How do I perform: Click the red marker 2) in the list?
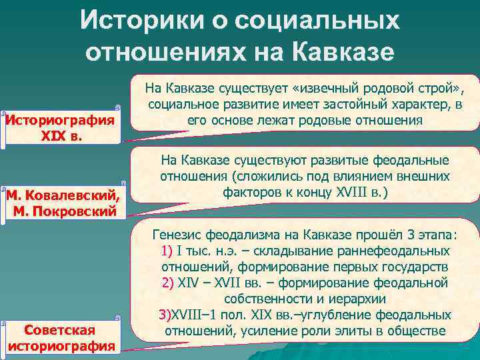click(x=168, y=283)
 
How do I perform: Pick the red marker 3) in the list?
click(x=164, y=315)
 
